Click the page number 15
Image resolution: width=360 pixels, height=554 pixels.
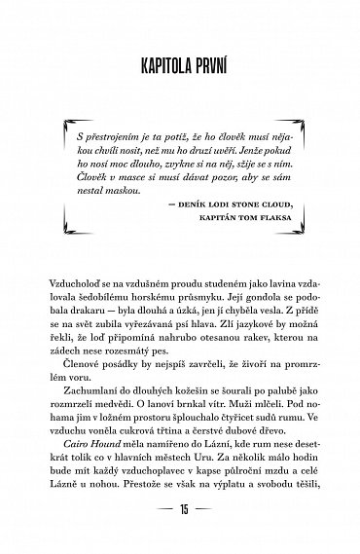(180, 536)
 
